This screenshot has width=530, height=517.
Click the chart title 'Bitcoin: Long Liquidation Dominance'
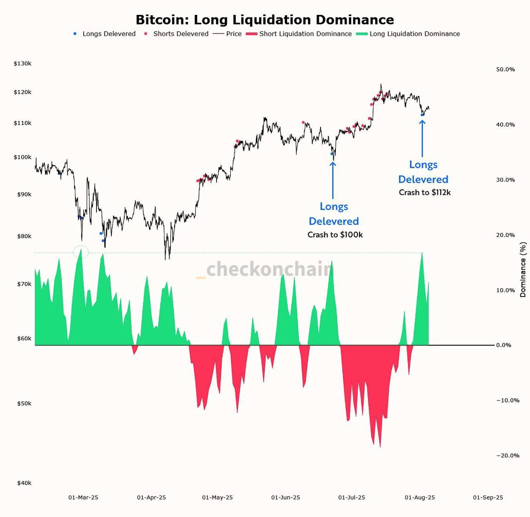[265, 20]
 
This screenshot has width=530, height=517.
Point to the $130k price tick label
[22, 64]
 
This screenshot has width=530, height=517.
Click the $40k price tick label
[24, 483]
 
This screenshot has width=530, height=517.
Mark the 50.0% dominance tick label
[505, 69]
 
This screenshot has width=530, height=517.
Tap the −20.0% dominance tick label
[507, 455]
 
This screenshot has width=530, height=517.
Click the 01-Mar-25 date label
[83, 497]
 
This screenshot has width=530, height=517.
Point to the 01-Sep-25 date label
[488, 497]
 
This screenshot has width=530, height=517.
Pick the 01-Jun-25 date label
[285, 497]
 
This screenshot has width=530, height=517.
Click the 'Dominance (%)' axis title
[523, 270]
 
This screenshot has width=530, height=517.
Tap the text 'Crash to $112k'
[424, 192]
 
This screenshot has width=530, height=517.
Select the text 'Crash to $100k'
[335, 235]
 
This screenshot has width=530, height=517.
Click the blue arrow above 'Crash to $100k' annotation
[332, 180]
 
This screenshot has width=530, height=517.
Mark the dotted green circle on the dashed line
[81, 252]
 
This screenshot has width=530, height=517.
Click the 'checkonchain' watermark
[269, 269]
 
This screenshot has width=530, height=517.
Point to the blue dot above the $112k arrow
[422, 115]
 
